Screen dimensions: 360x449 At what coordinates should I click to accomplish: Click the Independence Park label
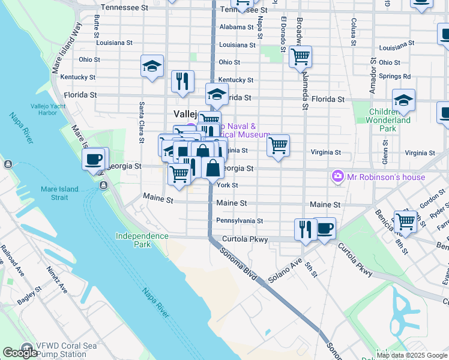tap(142, 240)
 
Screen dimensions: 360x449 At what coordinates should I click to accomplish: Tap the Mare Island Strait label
tap(59, 194)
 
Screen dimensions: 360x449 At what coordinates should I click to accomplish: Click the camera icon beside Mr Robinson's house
tap(338, 177)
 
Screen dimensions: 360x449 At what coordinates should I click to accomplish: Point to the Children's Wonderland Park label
tap(391, 120)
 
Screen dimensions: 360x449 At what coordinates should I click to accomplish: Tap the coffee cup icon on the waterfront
tap(94, 160)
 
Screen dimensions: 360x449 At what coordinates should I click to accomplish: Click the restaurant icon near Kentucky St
tap(182, 81)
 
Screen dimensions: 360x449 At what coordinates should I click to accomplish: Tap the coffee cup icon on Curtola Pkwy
tap(325, 228)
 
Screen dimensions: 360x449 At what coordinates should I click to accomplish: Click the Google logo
tap(20, 353)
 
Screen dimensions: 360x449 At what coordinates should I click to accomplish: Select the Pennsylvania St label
tap(240, 221)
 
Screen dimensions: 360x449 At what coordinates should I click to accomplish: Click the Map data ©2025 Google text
tap(412, 355)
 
